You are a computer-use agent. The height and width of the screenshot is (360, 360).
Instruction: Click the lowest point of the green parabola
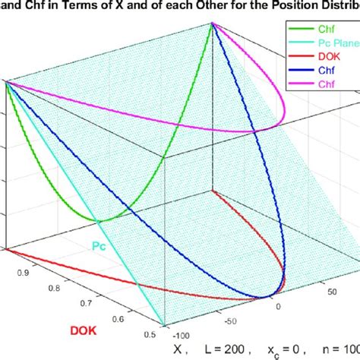click(99, 221)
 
